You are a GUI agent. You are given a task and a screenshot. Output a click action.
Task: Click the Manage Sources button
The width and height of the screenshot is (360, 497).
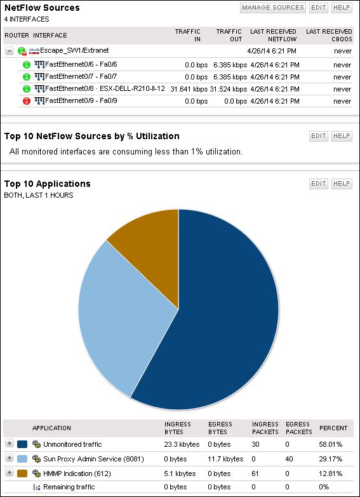pyautogui.click(x=272, y=8)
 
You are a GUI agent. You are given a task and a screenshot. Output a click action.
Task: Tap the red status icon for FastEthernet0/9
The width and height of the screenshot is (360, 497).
pyautogui.click(x=27, y=101)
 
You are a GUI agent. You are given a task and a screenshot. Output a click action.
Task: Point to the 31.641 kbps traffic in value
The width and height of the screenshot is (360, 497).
pyautogui.click(x=189, y=89)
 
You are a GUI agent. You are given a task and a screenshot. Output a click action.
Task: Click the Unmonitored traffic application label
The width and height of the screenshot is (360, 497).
pyautogui.click(x=72, y=444)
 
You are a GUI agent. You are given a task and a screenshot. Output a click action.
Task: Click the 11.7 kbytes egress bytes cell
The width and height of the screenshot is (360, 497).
pyautogui.click(x=225, y=458)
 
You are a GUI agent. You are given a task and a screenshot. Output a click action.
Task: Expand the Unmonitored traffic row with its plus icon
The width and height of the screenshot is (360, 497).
pyautogui.click(x=9, y=444)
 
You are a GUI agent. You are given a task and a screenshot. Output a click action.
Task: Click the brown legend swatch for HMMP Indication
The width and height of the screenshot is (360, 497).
pyautogui.click(x=23, y=473)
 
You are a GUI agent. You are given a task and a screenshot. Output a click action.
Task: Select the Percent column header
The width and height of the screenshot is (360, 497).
pyautogui.click(x=333, y=428)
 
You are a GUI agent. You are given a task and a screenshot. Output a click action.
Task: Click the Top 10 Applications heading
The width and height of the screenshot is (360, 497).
pyautogui.click(x=48, y=184)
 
